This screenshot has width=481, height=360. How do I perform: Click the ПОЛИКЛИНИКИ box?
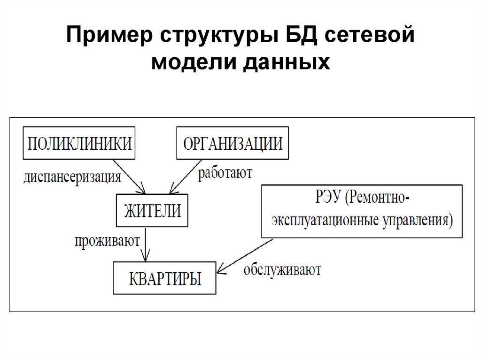click(78, 143)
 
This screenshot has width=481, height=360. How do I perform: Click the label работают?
click(225, 173)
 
